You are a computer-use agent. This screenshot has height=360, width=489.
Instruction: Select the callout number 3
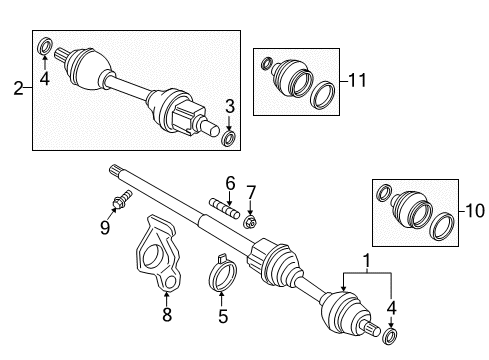[x=230, y=105]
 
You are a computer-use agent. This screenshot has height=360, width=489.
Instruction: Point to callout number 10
[x=474, y=213]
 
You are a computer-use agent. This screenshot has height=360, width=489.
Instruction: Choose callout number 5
[x=224, y=316]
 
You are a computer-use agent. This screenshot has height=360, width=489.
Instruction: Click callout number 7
[x=252, y=191]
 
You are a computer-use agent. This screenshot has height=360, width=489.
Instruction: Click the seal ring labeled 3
[x=230, y=136]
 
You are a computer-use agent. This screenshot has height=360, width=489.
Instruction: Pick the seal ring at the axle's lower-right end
[x=389, y=333]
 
